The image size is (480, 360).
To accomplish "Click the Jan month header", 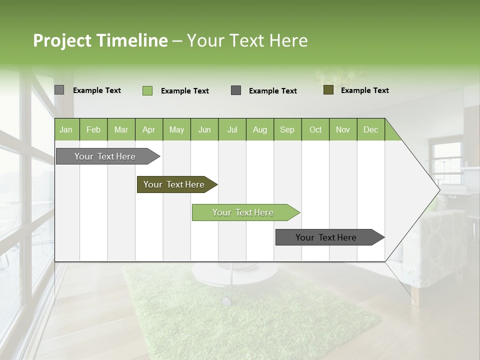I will (66, 129).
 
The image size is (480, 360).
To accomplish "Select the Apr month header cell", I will (149, 129).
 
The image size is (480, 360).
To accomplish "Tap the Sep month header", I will (287, 129).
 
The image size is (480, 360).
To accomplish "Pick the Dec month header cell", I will (371, 129).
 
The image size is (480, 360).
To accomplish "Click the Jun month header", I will (204, 129).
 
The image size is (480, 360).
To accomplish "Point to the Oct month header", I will (315, 129).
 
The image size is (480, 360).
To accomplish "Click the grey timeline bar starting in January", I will (105, 156).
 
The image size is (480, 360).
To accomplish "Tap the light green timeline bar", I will (243, 212).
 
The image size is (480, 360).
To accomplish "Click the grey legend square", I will (59, 90).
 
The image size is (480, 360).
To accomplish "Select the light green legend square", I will (147, 90).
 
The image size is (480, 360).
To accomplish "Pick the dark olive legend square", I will (328, 90).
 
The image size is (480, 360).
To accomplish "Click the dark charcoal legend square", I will (236, 90).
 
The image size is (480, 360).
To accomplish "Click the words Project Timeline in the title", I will (100, 40).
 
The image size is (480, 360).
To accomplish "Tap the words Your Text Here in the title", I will (247, 40).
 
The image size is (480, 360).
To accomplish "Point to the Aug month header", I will (260, 129).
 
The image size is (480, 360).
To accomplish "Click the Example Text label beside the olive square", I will (364, 90).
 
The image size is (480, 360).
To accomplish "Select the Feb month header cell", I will (93, 129).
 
